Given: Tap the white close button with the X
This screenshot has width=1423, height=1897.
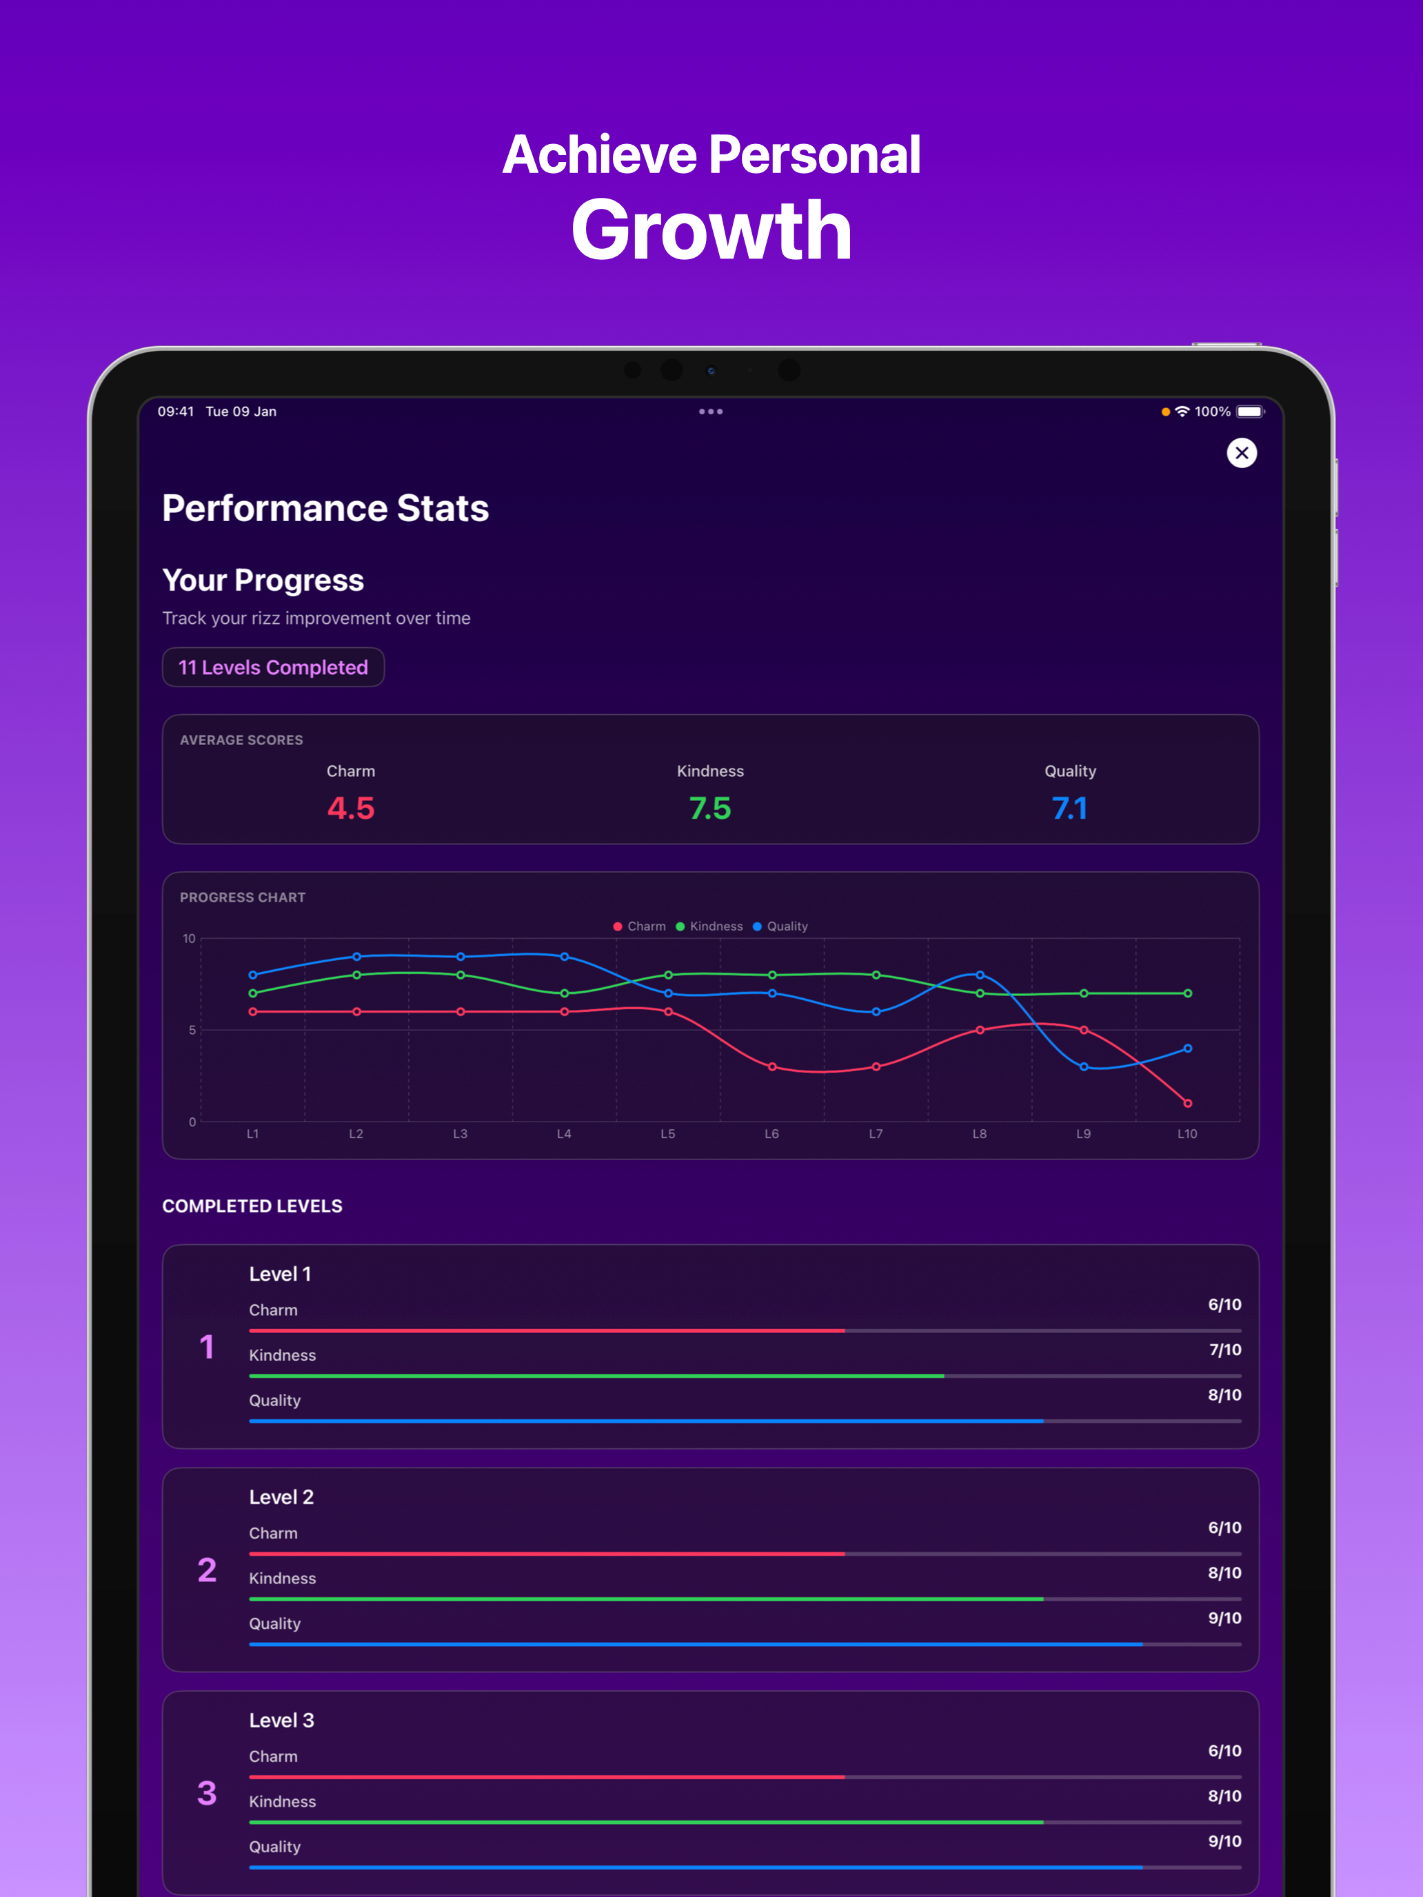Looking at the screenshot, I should click(x=1241, y=453).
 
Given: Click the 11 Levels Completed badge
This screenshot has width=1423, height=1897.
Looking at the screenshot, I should click(x=273, y=667).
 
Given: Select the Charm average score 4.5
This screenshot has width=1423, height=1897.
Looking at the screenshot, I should click(x=351, y=808).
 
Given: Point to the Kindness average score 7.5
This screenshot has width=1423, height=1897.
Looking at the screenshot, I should click(x=710, y=808).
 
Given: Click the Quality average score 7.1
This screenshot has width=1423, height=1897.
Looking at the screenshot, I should click(x=1069, y=808).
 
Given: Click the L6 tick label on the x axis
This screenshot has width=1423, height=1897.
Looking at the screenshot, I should click(x=772, y=1134).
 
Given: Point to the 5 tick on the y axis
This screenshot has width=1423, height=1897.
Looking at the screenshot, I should click(x=192, y=1030).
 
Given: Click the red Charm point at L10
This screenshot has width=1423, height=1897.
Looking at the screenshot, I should click(x=1188, y=1103).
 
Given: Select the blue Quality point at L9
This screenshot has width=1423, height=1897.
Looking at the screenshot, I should click(x=1084, y=1067).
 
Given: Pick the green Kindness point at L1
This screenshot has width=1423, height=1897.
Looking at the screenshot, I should click(x=253, y=993).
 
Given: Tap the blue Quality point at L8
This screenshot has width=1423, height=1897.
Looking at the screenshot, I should click(x=980, y=975).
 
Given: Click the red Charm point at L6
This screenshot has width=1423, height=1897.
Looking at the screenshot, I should click(x=772, y=1067).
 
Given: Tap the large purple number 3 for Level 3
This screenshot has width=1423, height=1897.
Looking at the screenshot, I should click(x=207, y=1792).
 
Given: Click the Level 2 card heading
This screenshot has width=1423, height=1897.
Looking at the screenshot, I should click(x=281, y=1497).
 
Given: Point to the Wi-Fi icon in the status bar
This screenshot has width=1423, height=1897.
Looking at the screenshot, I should click(x=1182, y=412).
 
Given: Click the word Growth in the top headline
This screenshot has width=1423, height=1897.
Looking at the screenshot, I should click(x=711, y=230).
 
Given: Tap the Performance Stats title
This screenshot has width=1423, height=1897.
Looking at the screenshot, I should click(x=325, y=509).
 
